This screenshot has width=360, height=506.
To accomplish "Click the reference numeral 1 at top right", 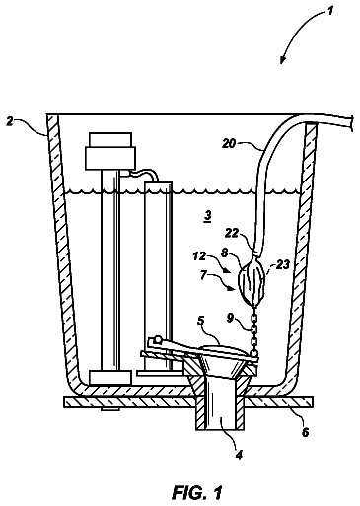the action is click(x=330, y=11).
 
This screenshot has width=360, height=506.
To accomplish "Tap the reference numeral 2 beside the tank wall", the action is click(x=10, y=122).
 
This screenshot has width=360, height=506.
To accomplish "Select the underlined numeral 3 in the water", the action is click(x=207, y=216).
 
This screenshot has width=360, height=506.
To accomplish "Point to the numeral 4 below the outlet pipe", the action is click(x=239, y=455).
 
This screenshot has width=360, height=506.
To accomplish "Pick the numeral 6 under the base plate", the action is click(x=305, y=432).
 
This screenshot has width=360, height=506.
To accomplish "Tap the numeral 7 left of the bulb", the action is click(x=204, y=275).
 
